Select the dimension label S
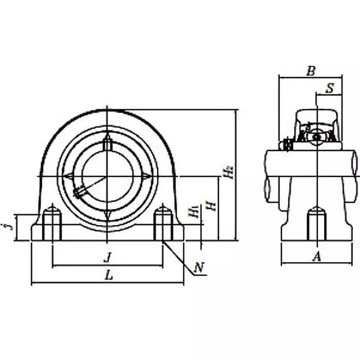[329, 88]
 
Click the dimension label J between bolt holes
[107, 258]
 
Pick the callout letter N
[198, 269]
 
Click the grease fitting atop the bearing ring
[107, 144]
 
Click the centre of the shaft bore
[107, 176]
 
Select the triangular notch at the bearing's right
[147, 176]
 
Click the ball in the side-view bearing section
[317, 136]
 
